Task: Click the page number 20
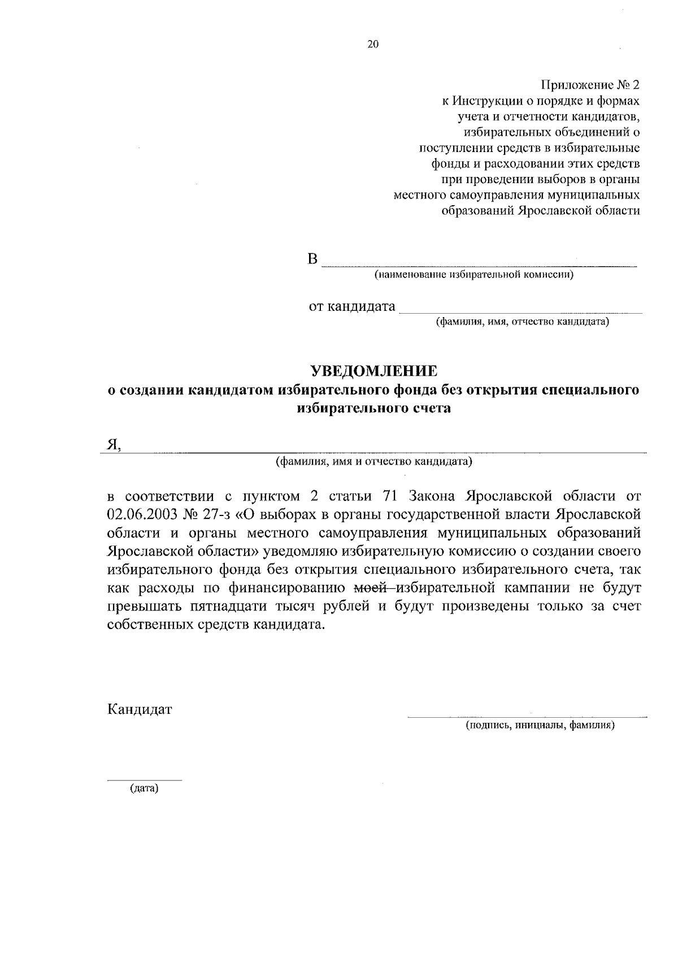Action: click(373, 45)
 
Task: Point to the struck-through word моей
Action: click(370, 588)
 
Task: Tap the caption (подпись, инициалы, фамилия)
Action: click(540, 725)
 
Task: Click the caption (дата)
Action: click(144, 788)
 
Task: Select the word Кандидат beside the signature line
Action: click(140, 709)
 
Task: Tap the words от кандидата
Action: click(351, 307)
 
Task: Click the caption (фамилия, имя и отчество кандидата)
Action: click(373, 462)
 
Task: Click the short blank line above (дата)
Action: click(145, 781)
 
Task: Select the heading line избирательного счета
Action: click(374, 408)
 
